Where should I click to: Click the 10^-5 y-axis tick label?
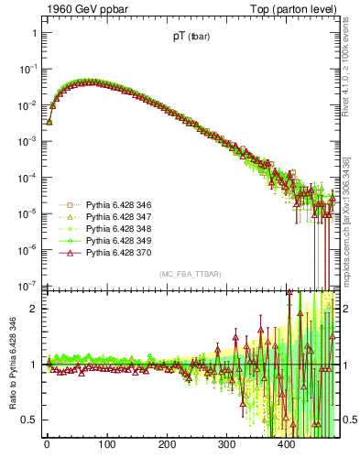(27, 213)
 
